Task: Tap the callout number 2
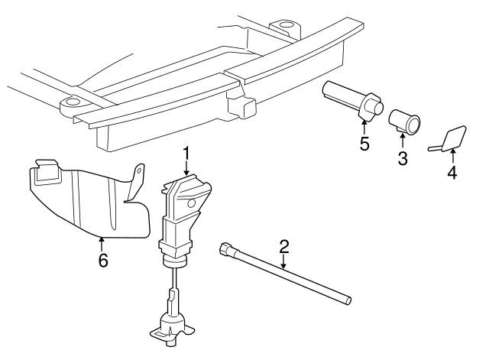point(284,246)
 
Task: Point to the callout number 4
point(452,173)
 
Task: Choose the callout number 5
point(364,144)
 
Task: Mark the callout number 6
point(102,261)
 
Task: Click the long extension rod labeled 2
point(290,274)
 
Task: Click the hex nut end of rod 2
point(226,248)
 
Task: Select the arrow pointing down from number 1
point(186,169)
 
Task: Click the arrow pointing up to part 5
point(364,125)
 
